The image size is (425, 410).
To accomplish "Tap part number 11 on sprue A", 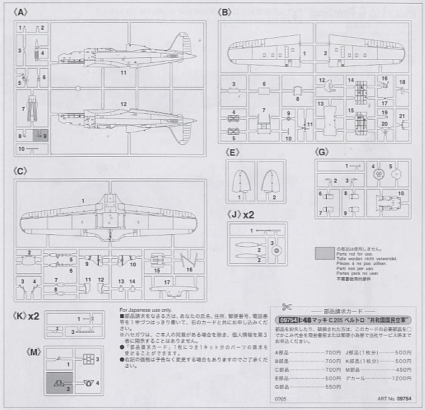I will (x=124, y=72).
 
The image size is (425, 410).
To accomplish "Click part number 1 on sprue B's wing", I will (x=304, y=54).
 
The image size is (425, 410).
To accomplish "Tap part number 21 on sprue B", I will (x=401, y=116).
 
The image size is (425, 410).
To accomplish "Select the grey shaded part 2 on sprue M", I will (x=60, y=383).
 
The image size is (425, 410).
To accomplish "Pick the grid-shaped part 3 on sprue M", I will (x=88, y=359).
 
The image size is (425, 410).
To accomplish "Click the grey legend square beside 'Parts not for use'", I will (x=324, y=253).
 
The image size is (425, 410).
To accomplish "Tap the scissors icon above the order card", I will (x=287, y=307).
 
